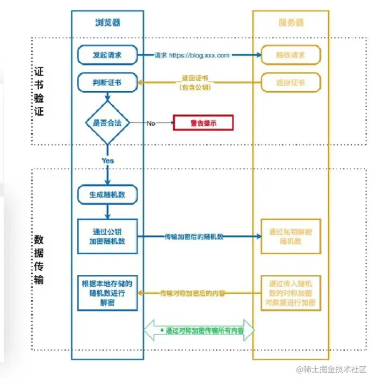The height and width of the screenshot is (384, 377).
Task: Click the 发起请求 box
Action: pyautogui.click(x=107, y=55)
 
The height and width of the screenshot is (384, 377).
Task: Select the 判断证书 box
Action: pyautogui.click(x=107, y=83)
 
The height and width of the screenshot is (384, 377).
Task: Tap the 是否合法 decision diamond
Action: pyautogui.click(x=107, y=123)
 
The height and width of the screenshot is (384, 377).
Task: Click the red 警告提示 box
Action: pyautogui.click(x=203, y=123)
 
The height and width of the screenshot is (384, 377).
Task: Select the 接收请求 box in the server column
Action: pyautogui.click(x=291, y=55)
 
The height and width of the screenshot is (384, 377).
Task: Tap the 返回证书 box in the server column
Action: pyautogui.click(x=291, y=83)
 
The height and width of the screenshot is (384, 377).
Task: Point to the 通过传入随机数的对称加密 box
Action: pyautogui.click(x=291, y=293)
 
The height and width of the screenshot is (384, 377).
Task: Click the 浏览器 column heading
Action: pyautogui.click(x=107, y=23)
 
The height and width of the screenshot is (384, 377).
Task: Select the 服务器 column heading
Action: pyautogui.click(x=291, y=23)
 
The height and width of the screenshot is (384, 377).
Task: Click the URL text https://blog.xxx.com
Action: pyautogui.click(x=199, y=55)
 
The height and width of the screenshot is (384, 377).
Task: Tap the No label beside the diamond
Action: pyautogui.click(x=151, y=123)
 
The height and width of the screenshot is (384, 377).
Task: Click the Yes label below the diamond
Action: pyautogui.click(x=107, y=160)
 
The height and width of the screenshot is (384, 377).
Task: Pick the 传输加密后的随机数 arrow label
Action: pyautogui.click(x=194, y=236)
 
